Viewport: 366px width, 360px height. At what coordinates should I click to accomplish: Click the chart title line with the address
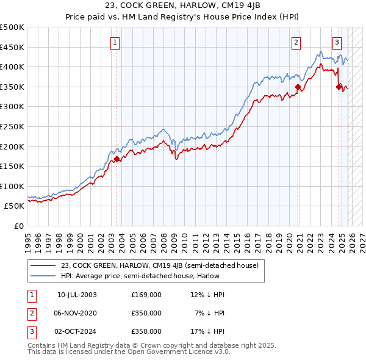point(183,7)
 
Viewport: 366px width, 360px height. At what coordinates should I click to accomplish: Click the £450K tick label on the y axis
point(12,47)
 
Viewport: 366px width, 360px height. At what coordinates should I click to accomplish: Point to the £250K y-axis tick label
point(12,126)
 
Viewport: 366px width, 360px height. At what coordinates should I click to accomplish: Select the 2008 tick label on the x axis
point(163,238)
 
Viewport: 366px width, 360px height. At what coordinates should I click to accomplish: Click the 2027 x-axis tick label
point(362,238)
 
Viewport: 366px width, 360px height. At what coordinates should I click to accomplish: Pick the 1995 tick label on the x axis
point(28,238)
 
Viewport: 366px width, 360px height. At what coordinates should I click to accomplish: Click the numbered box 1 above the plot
point(116,42)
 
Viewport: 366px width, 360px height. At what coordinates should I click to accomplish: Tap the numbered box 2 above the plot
point(296,42)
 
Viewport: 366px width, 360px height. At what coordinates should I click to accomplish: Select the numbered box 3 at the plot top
point(337,42)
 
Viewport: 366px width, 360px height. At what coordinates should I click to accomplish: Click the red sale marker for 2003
point(117,159)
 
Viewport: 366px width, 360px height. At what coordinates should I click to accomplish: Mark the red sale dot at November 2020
point(298,87)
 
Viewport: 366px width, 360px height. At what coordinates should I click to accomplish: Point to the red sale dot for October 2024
point(339,87)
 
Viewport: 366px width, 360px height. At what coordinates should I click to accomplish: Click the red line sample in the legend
point(43,265)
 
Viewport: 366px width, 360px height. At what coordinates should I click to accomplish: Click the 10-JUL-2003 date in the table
point(77,295)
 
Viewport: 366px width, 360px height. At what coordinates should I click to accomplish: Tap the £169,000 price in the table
point(146,295)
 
